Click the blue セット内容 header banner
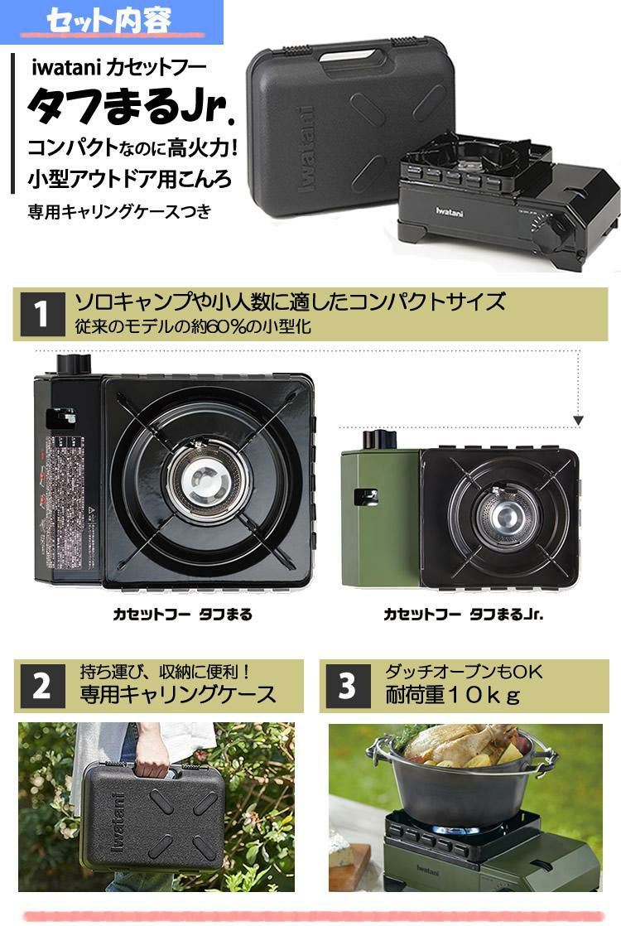coord(111,22)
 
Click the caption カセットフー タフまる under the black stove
coord(182,615)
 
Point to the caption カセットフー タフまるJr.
coord(464,615)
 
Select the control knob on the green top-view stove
coord(379,439)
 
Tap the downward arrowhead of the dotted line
coord(578,421)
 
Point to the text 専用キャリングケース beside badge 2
coord(177,695)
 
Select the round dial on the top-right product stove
coord(544,224)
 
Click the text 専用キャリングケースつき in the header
coord(120,212)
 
